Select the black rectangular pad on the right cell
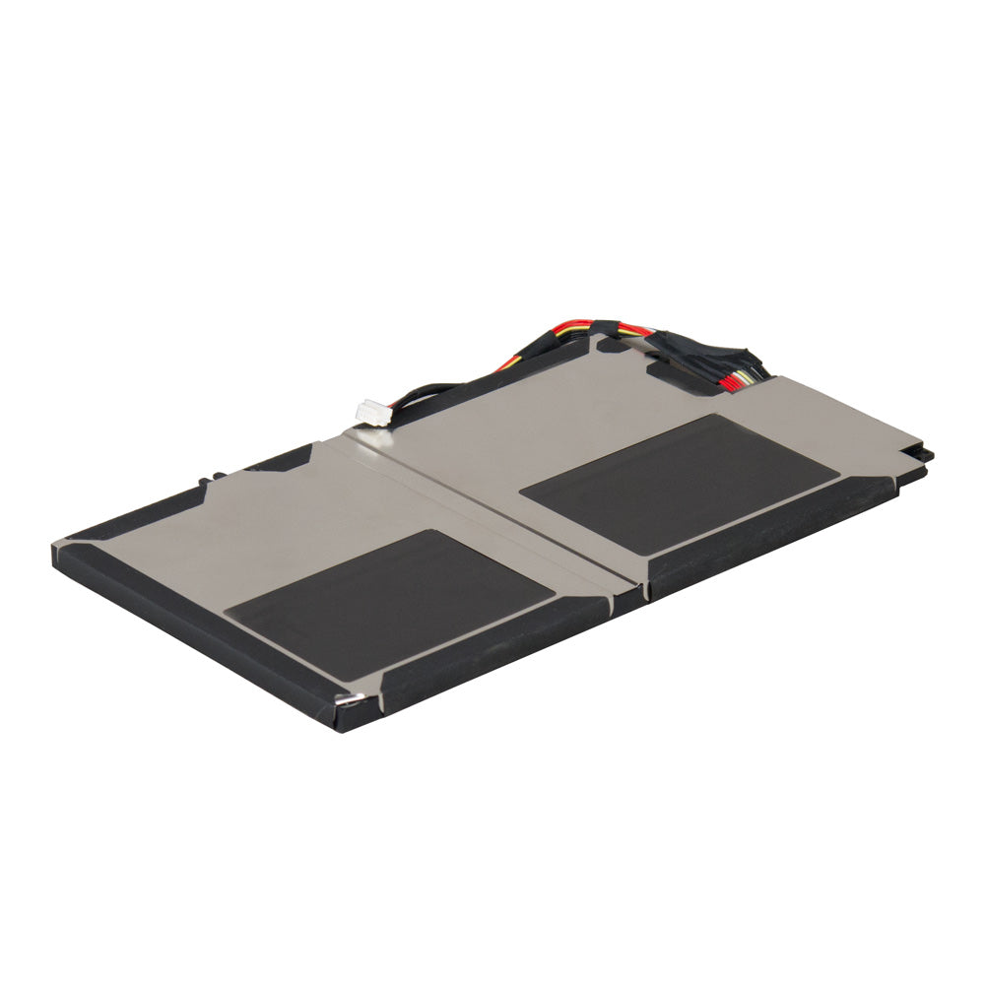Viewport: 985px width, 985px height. pyautogui.click(x=680, y=483)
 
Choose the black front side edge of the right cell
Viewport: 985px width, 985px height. pyautogui.click(x=768, y=542)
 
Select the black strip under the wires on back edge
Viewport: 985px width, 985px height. pyautogui.click(x=492, y=384)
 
